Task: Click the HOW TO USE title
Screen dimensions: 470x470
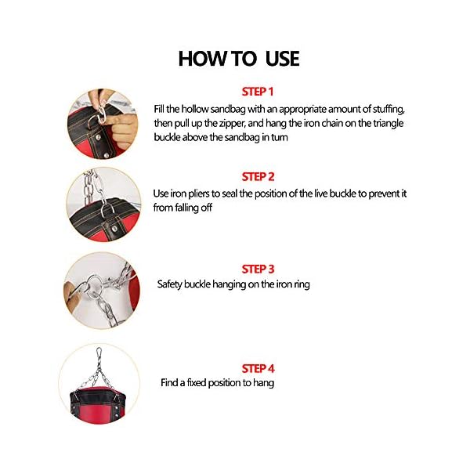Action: pos(239,59)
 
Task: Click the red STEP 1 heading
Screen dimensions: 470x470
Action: pos(258,92)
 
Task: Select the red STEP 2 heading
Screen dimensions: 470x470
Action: pos(258,176)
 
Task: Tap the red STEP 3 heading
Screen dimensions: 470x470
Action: pos(258,269)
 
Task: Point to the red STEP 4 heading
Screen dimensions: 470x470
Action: pos(258,368)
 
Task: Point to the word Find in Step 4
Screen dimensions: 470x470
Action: pos(170,383)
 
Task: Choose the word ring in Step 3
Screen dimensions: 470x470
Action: pos(301,284)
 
